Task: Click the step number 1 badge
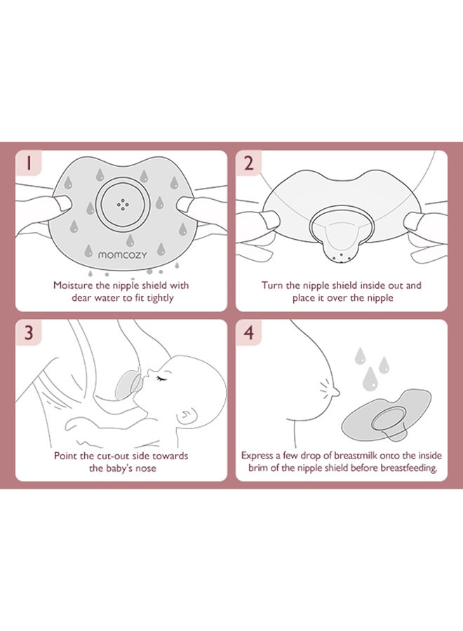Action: pyautogui.click(x=29, y=163)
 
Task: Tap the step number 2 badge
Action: pyautogui.click(x=249, y=163)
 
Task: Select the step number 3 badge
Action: pyautogui.click(x=29, y=333)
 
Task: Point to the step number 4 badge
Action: pyautogui.click(x=249, y=333)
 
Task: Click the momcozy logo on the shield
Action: pyautogui.click(x=122, y=255)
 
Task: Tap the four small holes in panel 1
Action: pyautogui.click(x=123, y=205)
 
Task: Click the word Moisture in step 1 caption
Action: pyautogui.click(x=72, y=285)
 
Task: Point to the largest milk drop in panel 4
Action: pyautogui.click(x=370, y=379)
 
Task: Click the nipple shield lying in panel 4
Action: pyautogui.click(x=386, y=415)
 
